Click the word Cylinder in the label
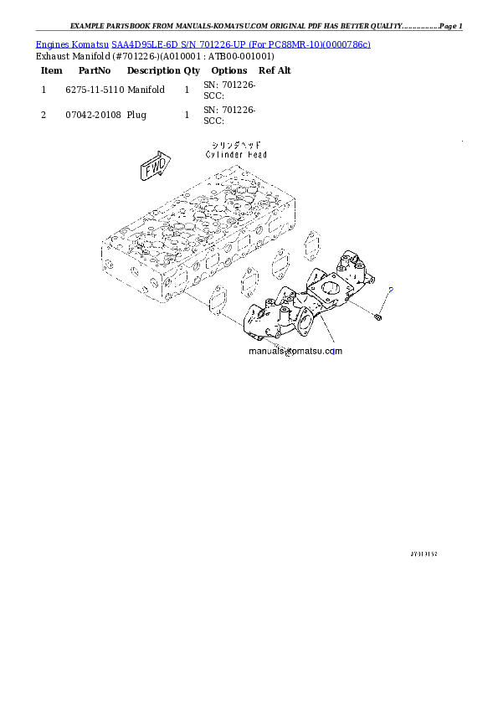(223, 155)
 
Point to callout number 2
(392, 289)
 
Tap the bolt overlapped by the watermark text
(275, 347)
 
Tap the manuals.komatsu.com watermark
(284, 352)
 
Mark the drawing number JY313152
(424, 553)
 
